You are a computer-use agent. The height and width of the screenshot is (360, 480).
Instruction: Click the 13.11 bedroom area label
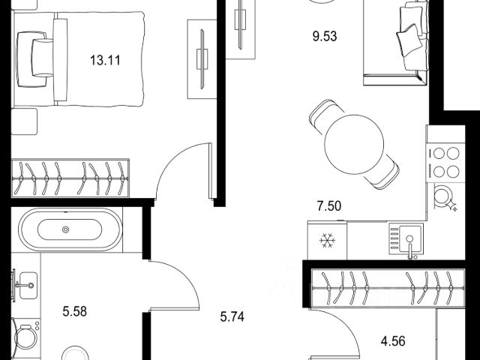click(x=105, y=60)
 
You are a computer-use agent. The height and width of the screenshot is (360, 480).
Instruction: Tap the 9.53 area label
click(x=325, y=37)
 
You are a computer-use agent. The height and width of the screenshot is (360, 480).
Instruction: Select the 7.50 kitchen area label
click(x=329, y=206)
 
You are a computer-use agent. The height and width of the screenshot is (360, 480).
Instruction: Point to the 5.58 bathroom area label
click(x=75, y=312)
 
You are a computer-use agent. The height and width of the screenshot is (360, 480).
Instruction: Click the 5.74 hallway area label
click(x=232, y=316)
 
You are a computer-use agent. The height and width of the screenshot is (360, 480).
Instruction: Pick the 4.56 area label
click(x=393, y=341)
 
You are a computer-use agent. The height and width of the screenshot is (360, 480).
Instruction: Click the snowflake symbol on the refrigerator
click(x=327, y=241)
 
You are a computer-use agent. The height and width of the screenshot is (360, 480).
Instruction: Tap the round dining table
click(x=354, y=145)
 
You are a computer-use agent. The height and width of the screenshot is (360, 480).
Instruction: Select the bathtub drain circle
click(x=65, y=229)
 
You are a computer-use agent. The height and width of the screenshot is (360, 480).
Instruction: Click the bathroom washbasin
click(x=28, y=285)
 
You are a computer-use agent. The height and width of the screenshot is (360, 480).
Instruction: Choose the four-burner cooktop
click(x=445, y=163)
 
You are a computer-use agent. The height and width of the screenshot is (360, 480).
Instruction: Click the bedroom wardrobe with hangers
click(x=70, y=178)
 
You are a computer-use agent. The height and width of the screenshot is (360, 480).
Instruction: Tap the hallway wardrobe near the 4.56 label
click(x=388, y=288)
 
